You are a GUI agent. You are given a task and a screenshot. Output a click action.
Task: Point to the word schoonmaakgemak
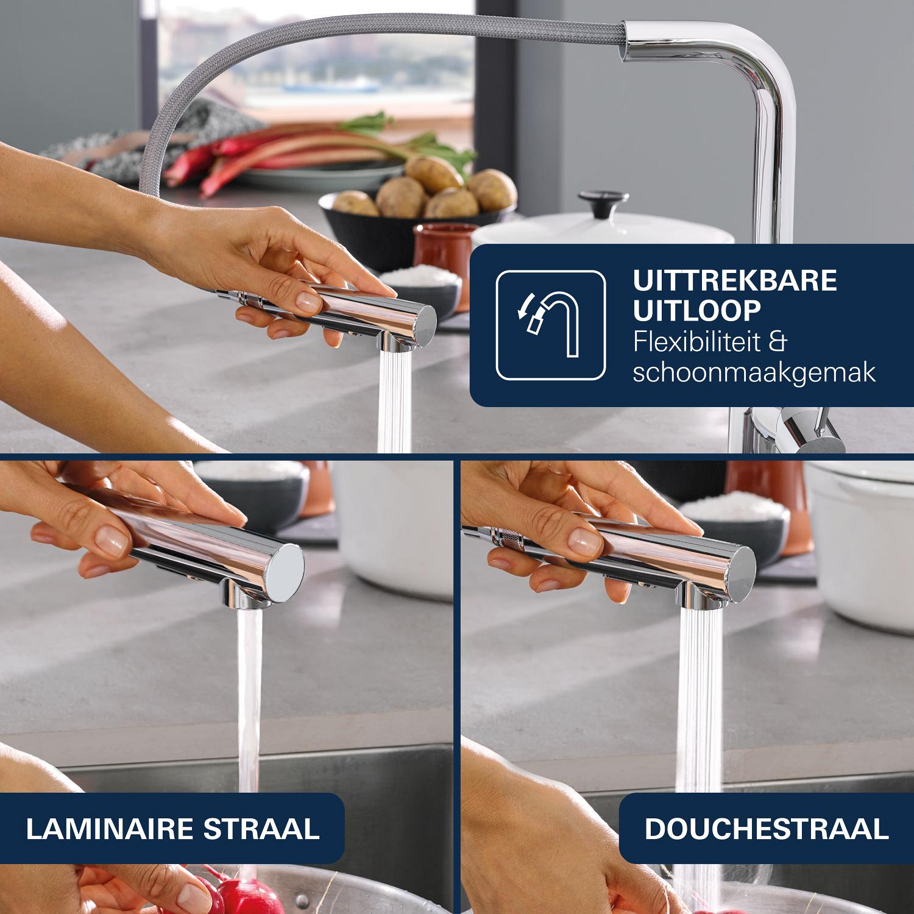754,372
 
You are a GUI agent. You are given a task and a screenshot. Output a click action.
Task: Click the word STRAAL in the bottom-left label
261,829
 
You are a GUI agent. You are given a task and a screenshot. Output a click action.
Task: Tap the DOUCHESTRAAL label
767,829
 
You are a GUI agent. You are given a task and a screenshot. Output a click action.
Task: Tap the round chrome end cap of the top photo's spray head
424,321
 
